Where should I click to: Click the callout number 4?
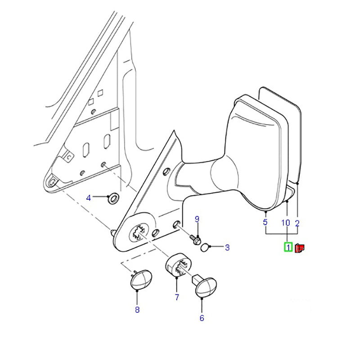(88, 198)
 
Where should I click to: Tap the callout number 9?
(197, 219)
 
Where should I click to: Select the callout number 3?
(227, 247)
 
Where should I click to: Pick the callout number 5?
(265, 222)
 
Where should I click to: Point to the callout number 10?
(286, 223)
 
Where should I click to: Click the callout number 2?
(297, 223)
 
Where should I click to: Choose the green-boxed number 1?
(288, 247)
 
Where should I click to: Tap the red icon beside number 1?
(300, 248)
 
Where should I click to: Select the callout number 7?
(177, 297)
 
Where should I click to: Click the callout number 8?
(137, 310)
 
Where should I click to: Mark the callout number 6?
(202, 318)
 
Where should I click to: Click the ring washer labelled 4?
(113, 198)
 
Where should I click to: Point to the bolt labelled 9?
(195, 239)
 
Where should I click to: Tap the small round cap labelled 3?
(205, 247)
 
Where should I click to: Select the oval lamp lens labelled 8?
(140, 279)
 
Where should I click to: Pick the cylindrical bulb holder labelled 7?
(179, 265)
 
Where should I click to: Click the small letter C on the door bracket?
(69, 157)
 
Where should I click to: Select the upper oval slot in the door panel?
(107, 141)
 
